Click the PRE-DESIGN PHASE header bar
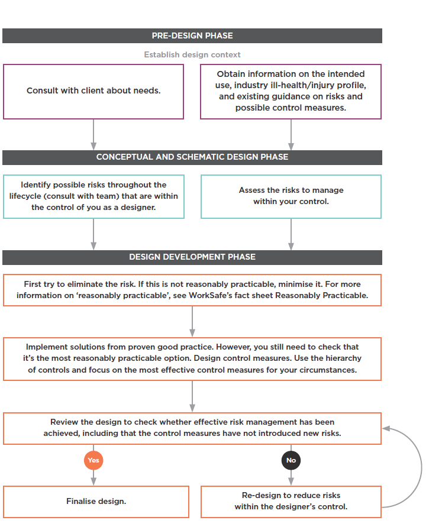(x=192, y=35)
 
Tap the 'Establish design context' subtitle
(x=192, y=54)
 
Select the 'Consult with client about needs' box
(x=93, y=91)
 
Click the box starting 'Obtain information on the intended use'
(x=291, y=91)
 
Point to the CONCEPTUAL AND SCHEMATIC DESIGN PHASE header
(x=192, y=157)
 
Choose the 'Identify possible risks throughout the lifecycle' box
(x=93, y=196)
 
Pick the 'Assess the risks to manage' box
(x=291, y=196)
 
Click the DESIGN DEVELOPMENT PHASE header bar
(x=192, y=257)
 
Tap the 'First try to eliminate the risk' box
(x=192, y=290)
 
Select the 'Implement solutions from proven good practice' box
(x=192, y=358)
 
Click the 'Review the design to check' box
(x=192, y=428)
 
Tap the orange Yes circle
(x=93, y=460)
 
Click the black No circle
(x=291, y=460)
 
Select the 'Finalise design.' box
(x=96, y=502)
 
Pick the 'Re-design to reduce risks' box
(x=291, y=502)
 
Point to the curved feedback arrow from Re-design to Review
(x=421, y=467)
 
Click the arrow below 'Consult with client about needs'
(x=93, y=134)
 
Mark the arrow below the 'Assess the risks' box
(x=291, y=234)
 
